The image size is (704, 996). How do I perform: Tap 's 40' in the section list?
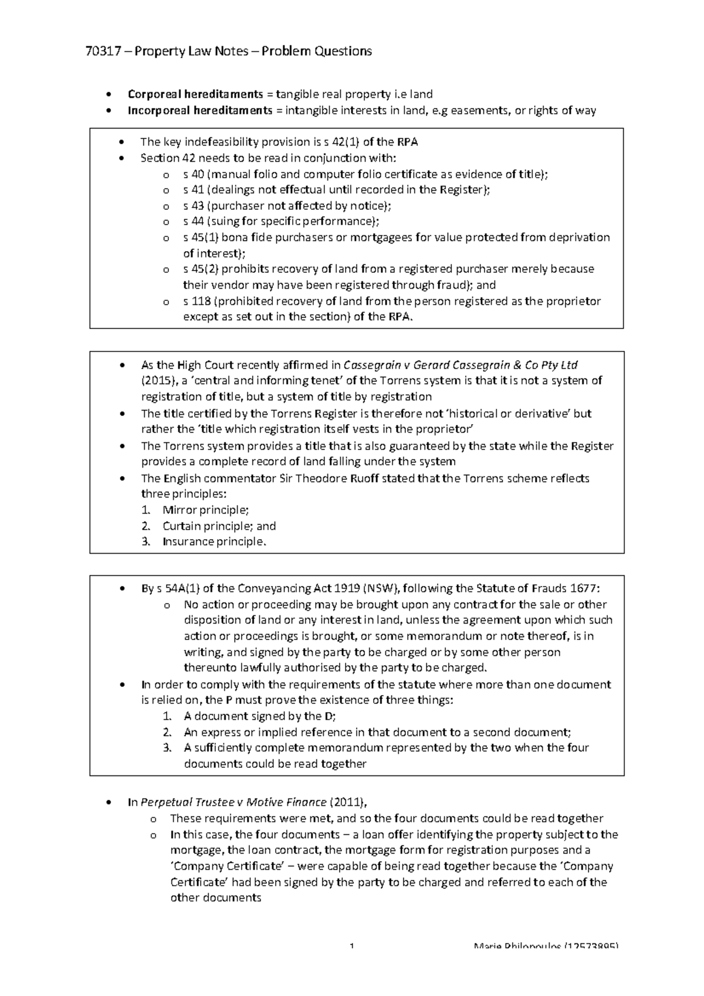pos(193,174)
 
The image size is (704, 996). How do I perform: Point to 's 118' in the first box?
pos(196,301)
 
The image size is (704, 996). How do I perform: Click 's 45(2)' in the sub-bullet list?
pos(200,269)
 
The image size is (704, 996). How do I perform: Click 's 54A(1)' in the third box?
pos(178,589)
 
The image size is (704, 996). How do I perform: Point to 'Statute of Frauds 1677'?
pos(536,589)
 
